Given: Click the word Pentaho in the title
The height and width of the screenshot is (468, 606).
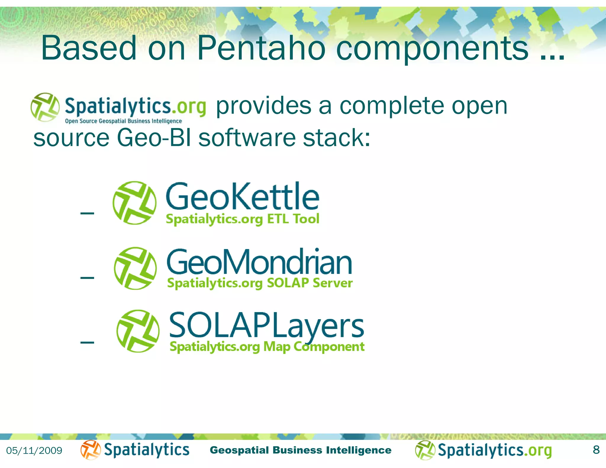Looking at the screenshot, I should coord(261,48).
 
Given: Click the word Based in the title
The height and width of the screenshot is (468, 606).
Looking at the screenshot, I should coord(89,48).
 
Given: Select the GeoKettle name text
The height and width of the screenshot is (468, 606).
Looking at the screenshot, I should coord(243,197).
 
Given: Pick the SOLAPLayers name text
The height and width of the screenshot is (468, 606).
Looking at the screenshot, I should coord(266,325).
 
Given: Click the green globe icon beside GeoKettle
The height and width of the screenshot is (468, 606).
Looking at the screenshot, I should coord(135,203).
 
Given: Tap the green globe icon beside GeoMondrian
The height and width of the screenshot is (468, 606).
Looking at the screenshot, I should coord(136,268).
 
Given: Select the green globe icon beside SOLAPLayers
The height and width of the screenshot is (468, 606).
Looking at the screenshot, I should coord(138,331).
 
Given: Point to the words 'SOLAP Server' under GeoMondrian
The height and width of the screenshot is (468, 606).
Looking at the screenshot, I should coord(310,283).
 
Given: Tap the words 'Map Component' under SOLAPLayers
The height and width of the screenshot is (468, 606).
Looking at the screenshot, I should coord(314,347).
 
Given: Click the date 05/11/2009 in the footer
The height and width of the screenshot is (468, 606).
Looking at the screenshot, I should coord(34,451).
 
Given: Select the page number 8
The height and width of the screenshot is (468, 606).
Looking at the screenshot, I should coord(596,450).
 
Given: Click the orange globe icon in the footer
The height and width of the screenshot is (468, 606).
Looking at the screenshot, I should coord(90,450).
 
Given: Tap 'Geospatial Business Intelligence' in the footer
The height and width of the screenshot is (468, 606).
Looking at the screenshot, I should coord(300,450).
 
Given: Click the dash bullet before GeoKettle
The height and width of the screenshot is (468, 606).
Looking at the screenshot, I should coord(87,213).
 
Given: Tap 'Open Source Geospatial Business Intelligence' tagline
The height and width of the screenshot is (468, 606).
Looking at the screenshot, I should coord(123,121).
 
